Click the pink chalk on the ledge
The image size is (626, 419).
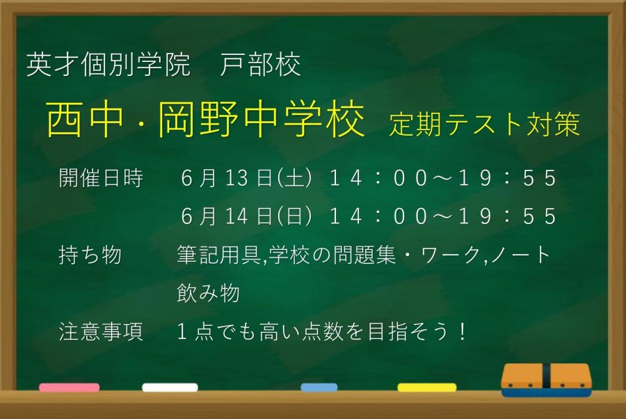click(x=70, y=387)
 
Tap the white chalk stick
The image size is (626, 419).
click(x=170, y=387)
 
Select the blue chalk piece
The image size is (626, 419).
click(x=319, y=387)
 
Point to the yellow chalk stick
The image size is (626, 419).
click(x=427, y=387)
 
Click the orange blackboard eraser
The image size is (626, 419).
click(x=546, y=380)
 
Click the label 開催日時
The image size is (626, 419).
click(x=101, y=178)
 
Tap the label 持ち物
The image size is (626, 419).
click(x=90, y=255)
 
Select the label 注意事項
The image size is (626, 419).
click(x=101, y=331)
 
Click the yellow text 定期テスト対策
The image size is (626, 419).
click(x=484, y=124)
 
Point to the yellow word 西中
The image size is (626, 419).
click(x=85, y=118)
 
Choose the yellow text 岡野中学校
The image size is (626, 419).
click(x=261, y=118)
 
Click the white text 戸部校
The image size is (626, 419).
click(x=260, y=65)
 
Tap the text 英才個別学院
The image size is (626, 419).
click(x=108, y=65)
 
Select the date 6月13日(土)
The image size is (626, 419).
click(x=246, y=178)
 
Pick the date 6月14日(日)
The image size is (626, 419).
click(x=246, y=216)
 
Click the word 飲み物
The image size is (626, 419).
click(x=208, y=293)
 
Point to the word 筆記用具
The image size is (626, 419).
click(x=219, y=255)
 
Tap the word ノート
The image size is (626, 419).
click(x=520, y=255)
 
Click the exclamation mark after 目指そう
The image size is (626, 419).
click(x=463, y=331)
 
